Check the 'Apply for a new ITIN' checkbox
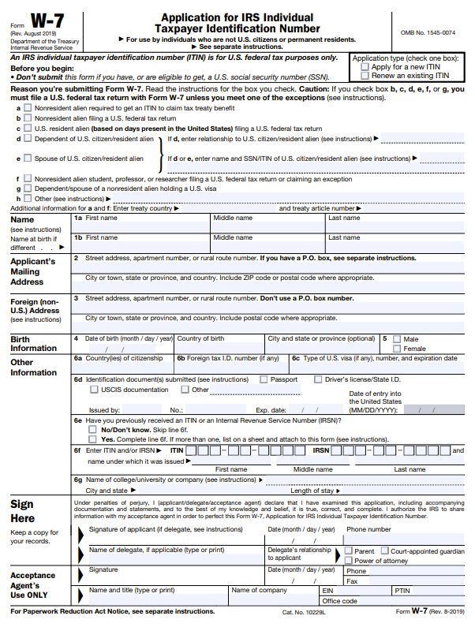[355, 67]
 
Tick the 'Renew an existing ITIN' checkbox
[355, 76]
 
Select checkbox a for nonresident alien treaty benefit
[28, 107]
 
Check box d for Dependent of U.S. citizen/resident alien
[28, 138]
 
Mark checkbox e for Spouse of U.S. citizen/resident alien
[28, 159]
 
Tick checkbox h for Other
[28, 198]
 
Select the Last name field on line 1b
[395, 246]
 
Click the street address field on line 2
[268, 267]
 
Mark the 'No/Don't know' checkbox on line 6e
[94, 430]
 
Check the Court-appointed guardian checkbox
[384, 551]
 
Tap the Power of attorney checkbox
[348, 561]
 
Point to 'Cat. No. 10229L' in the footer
[303, 611]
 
